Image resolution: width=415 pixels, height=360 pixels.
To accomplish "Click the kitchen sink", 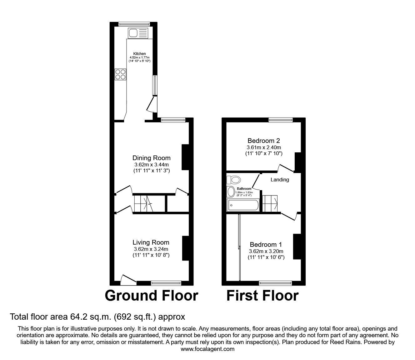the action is [138, 33].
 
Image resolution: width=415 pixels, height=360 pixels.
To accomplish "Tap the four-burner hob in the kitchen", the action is [120, 74].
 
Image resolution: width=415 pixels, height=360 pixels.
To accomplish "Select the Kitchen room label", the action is [140, 54].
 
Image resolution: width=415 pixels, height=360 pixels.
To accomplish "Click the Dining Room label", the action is [151, 158].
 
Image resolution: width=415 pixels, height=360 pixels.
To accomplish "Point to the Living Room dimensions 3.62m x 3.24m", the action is [151, 249].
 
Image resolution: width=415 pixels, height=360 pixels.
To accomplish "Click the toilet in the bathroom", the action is [233, 180].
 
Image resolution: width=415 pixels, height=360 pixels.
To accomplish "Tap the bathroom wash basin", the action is [231, 191].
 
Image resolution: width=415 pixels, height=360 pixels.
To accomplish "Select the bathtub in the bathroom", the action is [243, 205].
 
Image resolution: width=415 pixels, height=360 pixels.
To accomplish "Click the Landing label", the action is [280, 180].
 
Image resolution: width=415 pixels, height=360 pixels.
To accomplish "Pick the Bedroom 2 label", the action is [264, 140].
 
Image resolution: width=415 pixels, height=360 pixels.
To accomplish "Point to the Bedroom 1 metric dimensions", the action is [266, 251].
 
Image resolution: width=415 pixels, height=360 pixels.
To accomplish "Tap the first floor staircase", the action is [270, 203].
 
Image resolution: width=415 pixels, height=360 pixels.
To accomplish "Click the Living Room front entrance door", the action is [128, 280].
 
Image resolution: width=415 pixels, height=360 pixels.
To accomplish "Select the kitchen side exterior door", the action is [152, 104].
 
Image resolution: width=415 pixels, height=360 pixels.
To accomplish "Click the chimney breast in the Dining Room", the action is [185, 157].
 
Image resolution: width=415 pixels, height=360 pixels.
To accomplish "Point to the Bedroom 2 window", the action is [281, 120].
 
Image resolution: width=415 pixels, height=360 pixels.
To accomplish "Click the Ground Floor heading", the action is [152, 296].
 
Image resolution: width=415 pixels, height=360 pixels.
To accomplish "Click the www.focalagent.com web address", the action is [207, 349].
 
